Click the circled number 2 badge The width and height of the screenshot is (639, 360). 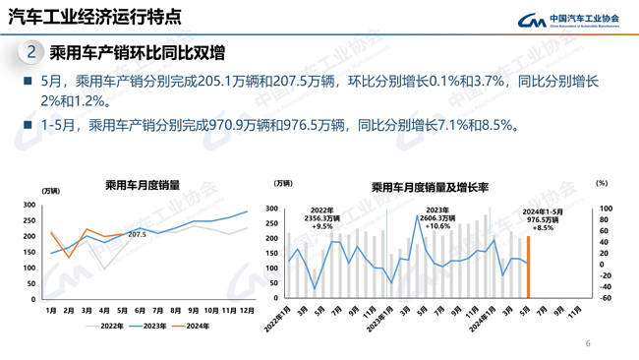click(x=31, y=51)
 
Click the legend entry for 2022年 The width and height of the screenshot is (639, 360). click(x=105, y=326)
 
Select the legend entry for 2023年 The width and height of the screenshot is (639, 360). click(x=151, y=326)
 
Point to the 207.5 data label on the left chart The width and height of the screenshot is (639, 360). click(x=137, y=234)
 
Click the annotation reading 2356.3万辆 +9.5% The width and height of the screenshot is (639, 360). click(x=322, y=218)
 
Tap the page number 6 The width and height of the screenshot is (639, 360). click(x=588, y=343)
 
